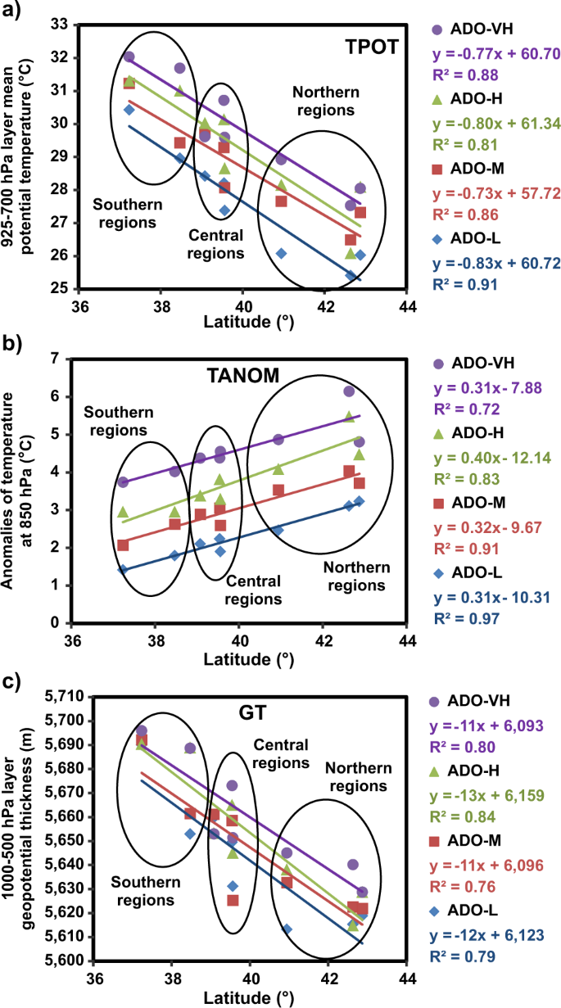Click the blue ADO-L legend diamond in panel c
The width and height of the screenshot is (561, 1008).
pyautogui.click(x=437, y=909)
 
